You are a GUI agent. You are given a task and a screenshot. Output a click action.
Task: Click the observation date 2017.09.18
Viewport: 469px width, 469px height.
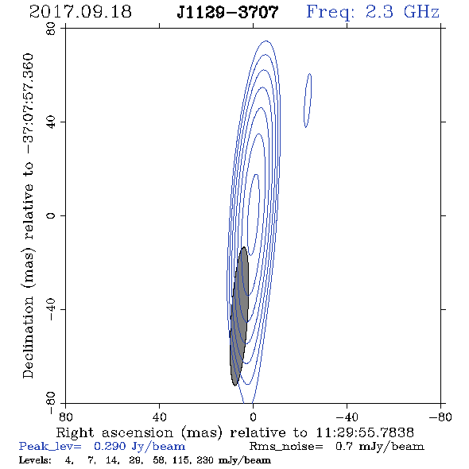[x=80, y=12]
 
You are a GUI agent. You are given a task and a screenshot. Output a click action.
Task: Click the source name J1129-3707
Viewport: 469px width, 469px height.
[x=227, y=13]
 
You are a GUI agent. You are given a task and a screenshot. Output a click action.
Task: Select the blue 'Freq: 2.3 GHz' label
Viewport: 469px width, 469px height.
[x=373, y=12]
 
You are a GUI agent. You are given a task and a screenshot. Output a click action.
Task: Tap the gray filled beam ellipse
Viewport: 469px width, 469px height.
[x=239, y=316]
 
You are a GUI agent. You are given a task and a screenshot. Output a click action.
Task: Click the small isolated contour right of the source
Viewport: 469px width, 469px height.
[x=308, y=100]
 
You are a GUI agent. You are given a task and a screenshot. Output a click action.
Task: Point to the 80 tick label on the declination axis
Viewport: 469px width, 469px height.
[x=51, y=29]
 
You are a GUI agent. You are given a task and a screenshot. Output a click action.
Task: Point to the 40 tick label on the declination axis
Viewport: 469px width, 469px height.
[x=51, y=122]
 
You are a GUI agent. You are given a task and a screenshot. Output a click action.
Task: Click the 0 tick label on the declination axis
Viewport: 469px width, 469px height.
[x=51, y=215]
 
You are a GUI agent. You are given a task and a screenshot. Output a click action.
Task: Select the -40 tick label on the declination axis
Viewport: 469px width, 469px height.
[x=51, y=309]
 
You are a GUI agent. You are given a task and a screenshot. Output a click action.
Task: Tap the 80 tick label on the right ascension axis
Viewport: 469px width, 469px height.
[x=65, y=417]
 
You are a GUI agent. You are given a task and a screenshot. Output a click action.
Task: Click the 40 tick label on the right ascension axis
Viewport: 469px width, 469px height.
[x=159, y=417]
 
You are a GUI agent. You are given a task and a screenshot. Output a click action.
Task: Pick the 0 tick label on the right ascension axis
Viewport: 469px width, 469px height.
[x=253, y=417]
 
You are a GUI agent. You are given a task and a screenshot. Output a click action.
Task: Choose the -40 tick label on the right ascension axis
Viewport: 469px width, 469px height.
[x=347, y=417]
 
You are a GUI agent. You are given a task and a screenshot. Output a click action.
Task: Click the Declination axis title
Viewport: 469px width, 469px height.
[x=28, y=215]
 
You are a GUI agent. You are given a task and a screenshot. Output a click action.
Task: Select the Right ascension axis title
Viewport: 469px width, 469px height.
[x=235, y=432]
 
